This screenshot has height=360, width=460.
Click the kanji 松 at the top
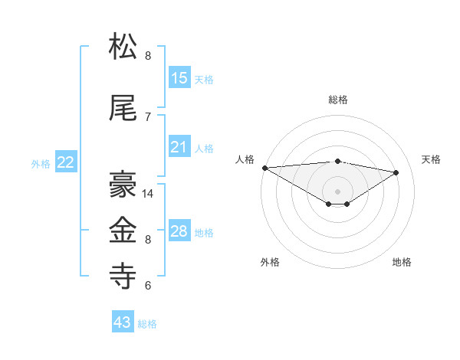(x=124, y=47)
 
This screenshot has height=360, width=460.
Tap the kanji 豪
(x=124, y=184)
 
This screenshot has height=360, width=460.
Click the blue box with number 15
(x=179, y=77)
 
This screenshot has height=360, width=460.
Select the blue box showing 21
(x=179, y=147)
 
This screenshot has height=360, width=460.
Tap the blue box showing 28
(x=179, y=231)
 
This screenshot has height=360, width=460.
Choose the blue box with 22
(x=66, y=162)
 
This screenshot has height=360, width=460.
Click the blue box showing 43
(x=123, y=322)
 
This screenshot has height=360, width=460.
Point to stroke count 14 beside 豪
(x=149, y=194)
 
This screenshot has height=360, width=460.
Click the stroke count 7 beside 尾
(x=148, y=116)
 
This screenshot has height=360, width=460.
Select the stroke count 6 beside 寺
(x=148, y=286)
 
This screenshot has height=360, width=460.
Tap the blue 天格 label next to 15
(x=204, y=79)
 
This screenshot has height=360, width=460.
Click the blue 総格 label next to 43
(x=147, y=324)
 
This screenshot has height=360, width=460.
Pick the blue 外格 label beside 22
(x=41, y=163)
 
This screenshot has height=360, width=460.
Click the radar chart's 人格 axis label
(x=245, y=159)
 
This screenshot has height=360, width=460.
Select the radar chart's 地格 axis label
(x=402, y=262)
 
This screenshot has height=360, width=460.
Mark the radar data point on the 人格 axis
(x=264, y=168)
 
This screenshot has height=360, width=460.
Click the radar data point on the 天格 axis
(x=396, y=172)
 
